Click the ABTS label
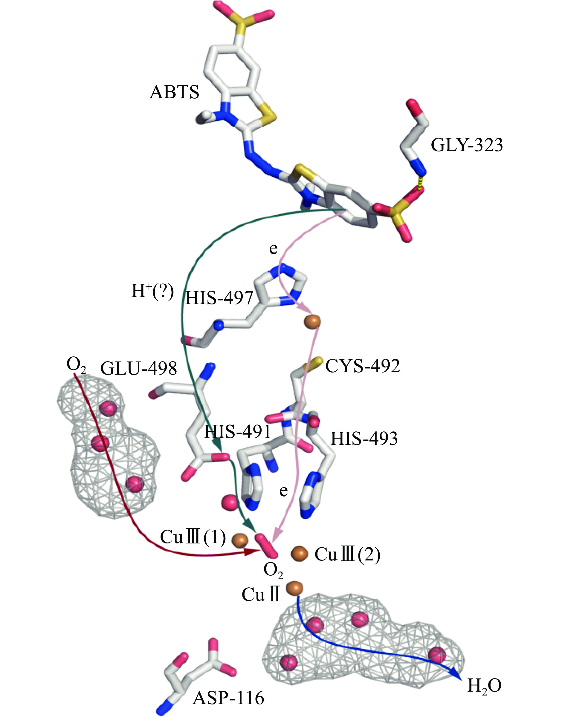click(x=174, y=92)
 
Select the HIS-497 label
click(x=219, y=298)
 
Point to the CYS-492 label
click(x=363, y=366)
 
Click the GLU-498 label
click(x=139, y=368)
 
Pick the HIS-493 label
click(x=364, y=439)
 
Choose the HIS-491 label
click(x=238, y=432)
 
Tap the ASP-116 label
click(x=228, y=698)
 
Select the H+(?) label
click(x=152, y=292)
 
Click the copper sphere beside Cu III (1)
click(x=240, y=540)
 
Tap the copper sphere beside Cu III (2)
click(x=299, y=553)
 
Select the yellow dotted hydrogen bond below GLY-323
click(x=419, y=182)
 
